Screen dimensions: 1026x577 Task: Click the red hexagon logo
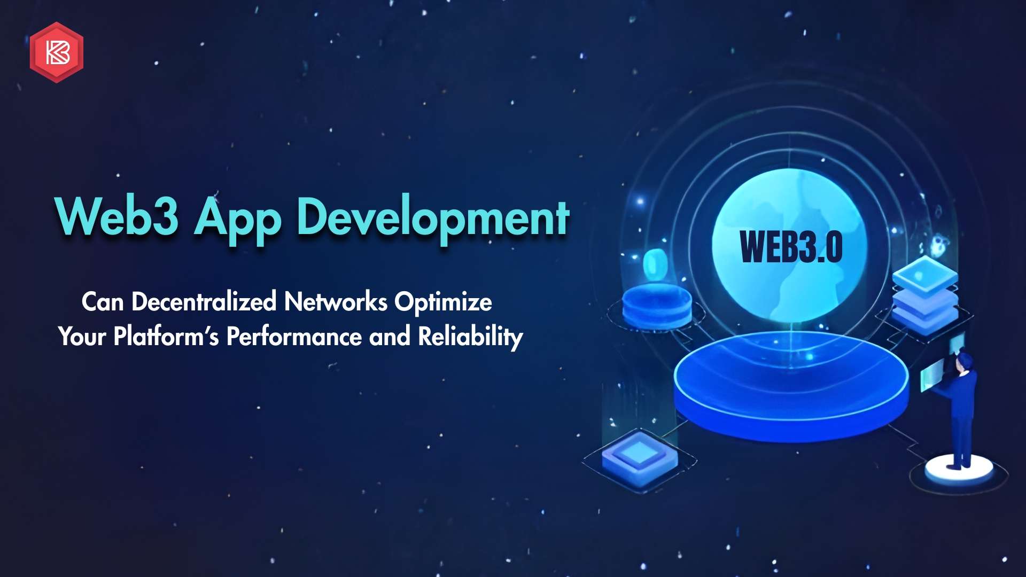tap(57, 52)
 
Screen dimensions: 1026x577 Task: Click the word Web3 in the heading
tap(117, 216)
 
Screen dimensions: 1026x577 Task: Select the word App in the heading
tap(237, 220)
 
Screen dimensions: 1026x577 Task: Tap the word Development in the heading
tap(433, 219)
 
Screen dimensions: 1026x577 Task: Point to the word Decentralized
tap(204, 302)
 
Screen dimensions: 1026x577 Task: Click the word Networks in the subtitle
tap(336, 302)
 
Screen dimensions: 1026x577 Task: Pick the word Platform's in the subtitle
tap(166, 337)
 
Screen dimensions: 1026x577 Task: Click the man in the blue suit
tap(960, 409)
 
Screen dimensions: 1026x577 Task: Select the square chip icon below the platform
tap(640, 459)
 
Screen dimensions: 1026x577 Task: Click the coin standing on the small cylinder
tap(654, 265)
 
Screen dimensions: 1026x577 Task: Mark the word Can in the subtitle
tap(103, 302)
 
